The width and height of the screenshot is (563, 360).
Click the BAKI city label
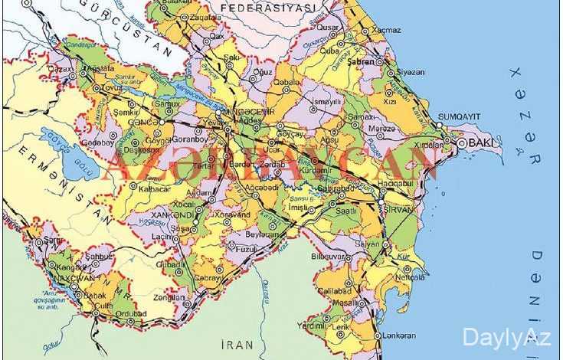[x=481, y=143]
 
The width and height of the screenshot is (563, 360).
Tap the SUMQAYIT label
[x=458, y=116]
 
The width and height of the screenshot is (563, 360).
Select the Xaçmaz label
[x=386, y=30]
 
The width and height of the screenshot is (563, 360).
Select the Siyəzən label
[x=409, y=72]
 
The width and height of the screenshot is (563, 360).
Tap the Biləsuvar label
[x=329, y=256]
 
